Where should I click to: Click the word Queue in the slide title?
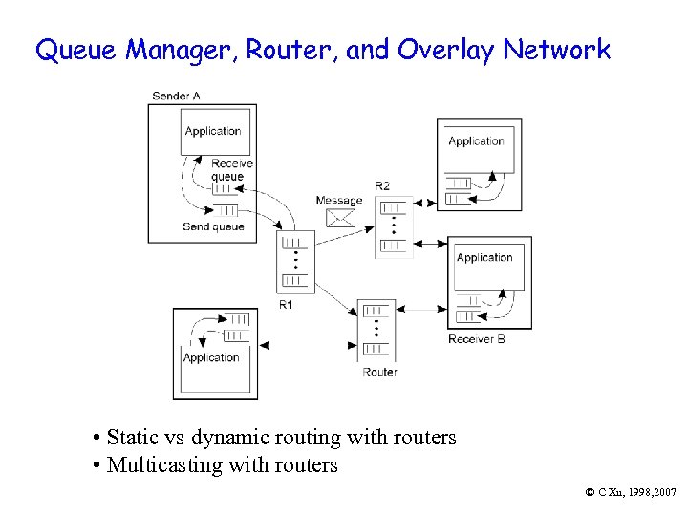click(x=69, y=51)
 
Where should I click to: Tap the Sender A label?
click(x=176, y=96)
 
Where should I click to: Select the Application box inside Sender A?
click(x=215, y=131)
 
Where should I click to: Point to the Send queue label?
click(x=213, y=226)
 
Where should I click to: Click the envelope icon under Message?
click(x=340, y=218)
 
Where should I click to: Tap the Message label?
click(x=339, y=201)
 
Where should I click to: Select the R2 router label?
click(x=382, y=185)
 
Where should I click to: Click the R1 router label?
click(x=287, y=304)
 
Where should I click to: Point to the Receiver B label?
click(x=477, y=339)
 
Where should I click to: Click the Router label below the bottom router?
click(x=379, y=372)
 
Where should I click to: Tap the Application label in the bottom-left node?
click(x=211, y=358)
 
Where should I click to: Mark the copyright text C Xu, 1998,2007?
click(x=630, y=491)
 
